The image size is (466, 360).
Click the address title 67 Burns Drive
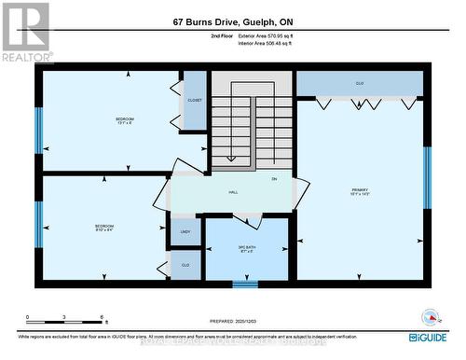(232, 21)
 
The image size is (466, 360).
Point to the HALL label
(233, 191)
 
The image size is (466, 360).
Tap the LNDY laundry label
(185, 231)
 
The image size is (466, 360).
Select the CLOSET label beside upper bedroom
(195, 100)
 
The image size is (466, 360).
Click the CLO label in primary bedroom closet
(359, 83)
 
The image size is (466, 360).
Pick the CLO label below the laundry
(185, 265)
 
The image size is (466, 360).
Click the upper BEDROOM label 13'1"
(124, 121)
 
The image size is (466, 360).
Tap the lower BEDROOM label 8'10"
(103, 228)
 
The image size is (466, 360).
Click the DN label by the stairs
(274, 178)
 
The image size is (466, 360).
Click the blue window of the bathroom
(245, 284)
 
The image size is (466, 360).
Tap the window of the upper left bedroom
(39, 130)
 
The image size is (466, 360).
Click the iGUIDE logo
(426, 337)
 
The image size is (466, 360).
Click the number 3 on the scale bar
(62, 317)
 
